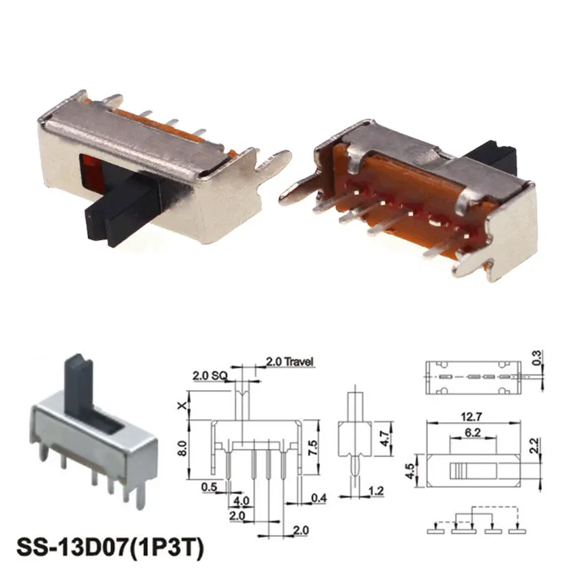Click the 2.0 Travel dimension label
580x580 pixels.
click(289, 362)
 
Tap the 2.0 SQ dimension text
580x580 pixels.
click(209, 375)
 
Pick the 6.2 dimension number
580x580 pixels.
click(471, 432)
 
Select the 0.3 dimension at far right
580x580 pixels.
click(540, 356)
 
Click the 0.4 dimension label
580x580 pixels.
click(319, 499)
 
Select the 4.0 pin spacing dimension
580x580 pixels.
click(242, 500)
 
